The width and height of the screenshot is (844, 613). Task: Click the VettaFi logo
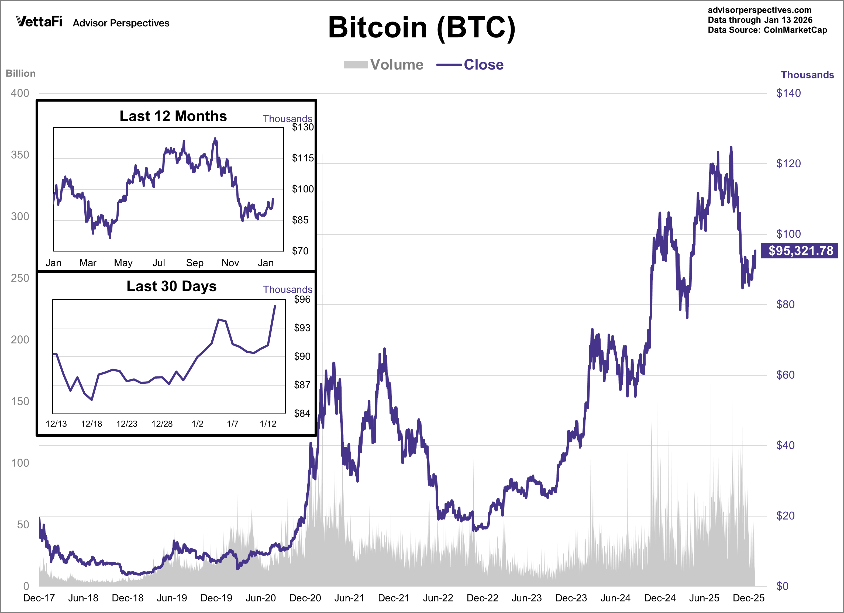click(x=39, y=22)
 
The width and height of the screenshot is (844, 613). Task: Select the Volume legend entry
click(x=384, y=65)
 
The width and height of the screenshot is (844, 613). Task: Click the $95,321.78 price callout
click(x=800, y=251)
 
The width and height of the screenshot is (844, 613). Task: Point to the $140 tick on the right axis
click(x=788, y=93)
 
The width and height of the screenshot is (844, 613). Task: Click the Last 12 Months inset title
click(x=173, y=116)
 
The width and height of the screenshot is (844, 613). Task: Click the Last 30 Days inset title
click(x=171, y=286)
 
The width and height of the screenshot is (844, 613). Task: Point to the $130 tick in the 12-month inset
click(x=302, y=127)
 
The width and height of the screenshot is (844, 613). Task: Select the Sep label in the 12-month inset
click(x=195, y=263)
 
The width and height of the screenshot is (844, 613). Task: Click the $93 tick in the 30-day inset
click(x=302, y=328)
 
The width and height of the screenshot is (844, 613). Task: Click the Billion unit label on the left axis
click(x=20, y=73)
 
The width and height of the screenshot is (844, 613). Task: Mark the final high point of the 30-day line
click(x=275, y=306)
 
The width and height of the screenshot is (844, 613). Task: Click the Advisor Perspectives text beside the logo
click(x=121, y=23)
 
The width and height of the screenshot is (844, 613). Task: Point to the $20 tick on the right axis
click(x=785, y=515)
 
